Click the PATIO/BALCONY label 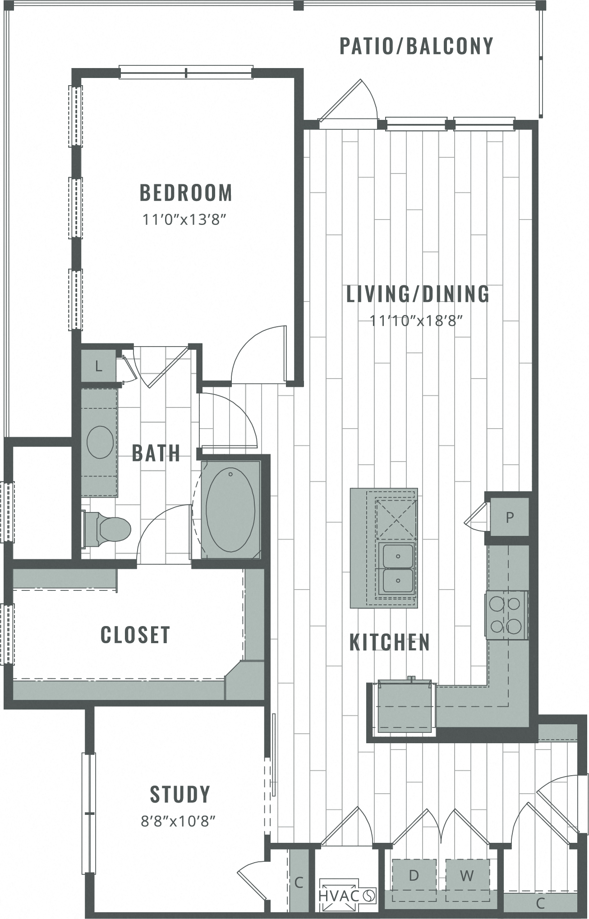point(416,46)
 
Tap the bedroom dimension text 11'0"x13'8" point(184,220)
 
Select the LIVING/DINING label point(417,294)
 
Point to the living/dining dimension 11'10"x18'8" point(416,321)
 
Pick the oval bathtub point(230,510)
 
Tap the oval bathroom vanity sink point(100,442)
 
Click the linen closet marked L point(98,366)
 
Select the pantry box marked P point(509,517)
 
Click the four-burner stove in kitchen point(506,614)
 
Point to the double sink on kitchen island point(397,569)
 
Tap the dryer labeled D point(414,875)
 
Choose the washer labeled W point(467,875)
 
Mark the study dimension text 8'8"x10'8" point(178,821)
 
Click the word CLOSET point(135,635)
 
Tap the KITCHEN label point(390,642)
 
